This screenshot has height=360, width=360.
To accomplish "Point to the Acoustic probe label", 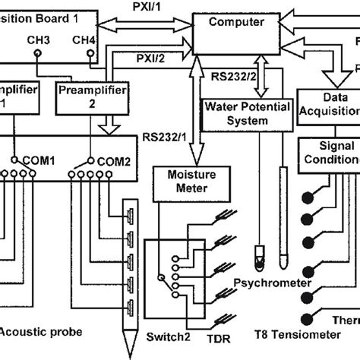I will (x=34, y=331).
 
